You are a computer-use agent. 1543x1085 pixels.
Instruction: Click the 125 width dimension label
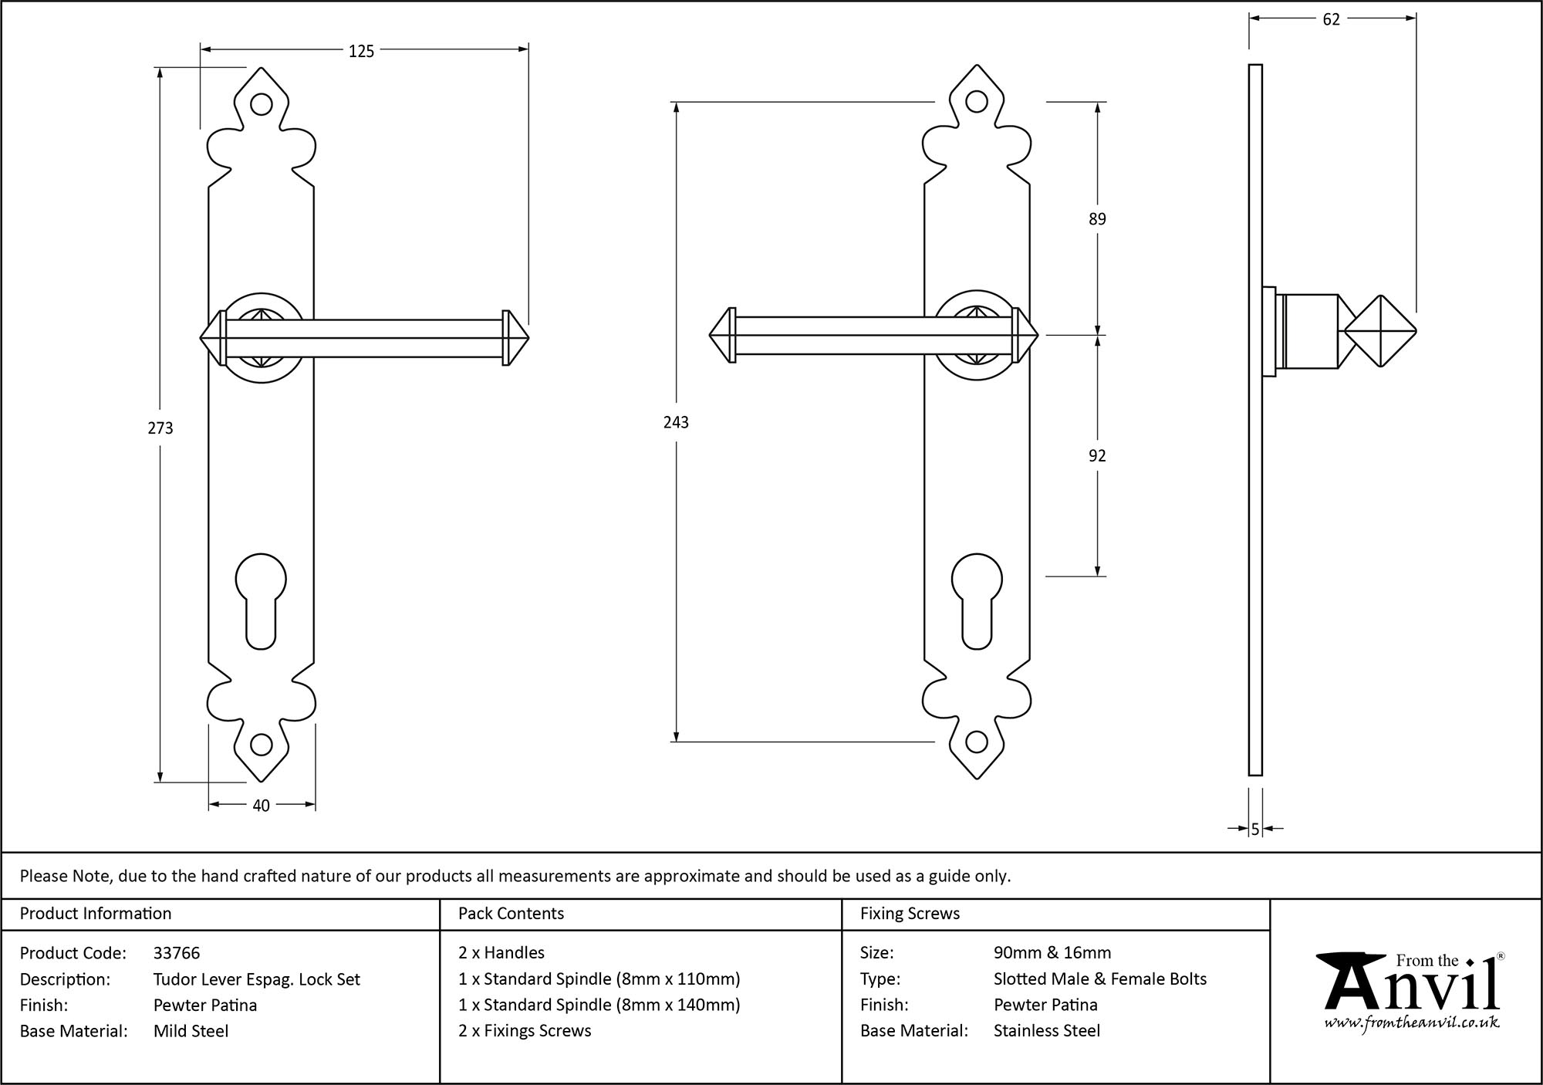point(361,51)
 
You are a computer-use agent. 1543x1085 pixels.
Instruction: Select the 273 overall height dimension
point(160,428)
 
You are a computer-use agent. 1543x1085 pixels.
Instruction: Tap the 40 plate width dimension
point(261,806)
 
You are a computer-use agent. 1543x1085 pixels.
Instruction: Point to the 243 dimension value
point(676,422)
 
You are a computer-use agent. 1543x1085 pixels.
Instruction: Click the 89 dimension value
point(1097,219)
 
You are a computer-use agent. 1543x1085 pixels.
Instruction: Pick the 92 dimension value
point(1097,456)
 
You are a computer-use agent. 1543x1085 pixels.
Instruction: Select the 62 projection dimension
point(1331,20)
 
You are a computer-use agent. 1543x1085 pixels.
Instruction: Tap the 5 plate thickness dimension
point(1255,830)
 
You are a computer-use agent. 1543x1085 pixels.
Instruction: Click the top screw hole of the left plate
point(262,103)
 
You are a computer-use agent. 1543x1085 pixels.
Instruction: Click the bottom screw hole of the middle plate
point(977,742)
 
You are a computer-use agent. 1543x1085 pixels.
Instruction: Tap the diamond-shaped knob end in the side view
point(1380,332)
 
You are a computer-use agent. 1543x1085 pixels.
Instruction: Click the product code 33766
point(177,954)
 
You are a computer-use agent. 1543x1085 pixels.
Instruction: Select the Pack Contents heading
point(511,914)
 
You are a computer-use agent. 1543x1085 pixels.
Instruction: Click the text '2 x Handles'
point(501,953)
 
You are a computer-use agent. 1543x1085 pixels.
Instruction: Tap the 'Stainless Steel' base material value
point(1046,1031)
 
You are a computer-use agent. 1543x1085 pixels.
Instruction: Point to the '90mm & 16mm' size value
point(1052,953)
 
